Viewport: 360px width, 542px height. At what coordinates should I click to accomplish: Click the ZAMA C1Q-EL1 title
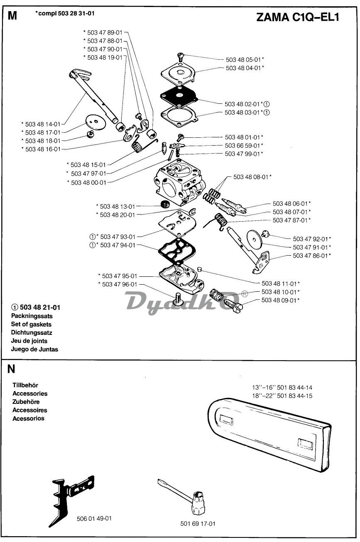coord(297,17)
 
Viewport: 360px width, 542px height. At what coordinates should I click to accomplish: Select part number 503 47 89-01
coord(105,32)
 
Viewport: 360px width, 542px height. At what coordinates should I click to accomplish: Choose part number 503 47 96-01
coord(119,284)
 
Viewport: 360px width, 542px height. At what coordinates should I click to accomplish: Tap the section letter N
coord(11,369)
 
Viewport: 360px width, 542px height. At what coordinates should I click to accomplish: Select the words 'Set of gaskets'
coord(31,324)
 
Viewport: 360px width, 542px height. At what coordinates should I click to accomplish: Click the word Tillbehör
coord(25,385)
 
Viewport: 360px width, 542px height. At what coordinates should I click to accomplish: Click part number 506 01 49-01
coord(94,518)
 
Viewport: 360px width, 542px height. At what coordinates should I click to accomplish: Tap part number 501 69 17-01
coord(198,524)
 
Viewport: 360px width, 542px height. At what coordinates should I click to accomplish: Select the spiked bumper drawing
coord(71,498)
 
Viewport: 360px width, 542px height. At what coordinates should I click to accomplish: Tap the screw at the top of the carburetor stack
coord(181,56)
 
